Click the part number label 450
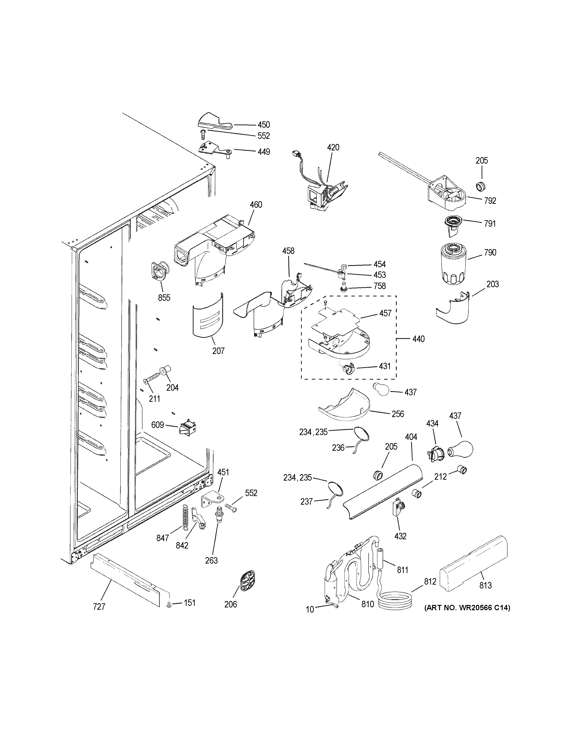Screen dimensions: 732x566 pos(264,125)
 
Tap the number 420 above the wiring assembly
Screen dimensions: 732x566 pos(333,147)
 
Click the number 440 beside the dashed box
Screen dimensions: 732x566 pos(418,339)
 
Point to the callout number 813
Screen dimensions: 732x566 pos(485,585)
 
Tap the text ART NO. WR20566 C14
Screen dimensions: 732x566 pos(467,607)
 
